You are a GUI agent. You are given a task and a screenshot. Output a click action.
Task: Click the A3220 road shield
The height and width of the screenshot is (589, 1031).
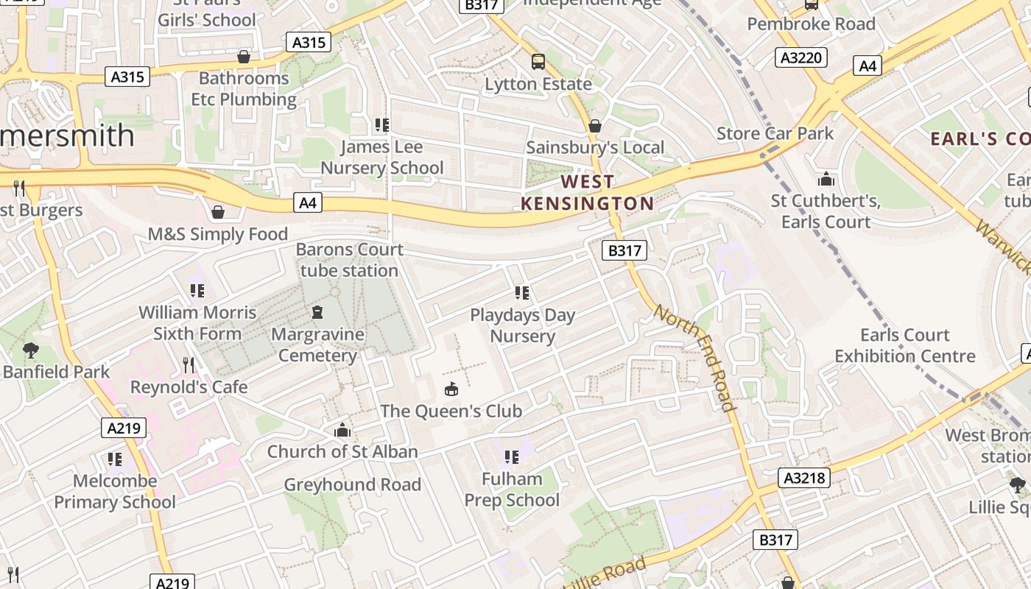click(800, 57)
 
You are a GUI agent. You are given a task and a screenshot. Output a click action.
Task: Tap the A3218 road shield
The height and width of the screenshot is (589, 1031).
click(804, 478)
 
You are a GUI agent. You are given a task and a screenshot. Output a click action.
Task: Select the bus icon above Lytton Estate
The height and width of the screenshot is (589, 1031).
click(538, 62)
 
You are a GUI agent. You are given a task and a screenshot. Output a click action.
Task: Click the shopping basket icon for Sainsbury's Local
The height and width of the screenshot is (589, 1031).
click(594, 126)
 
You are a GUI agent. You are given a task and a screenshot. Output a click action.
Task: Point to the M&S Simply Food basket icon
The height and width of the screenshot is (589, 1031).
click(217, 213)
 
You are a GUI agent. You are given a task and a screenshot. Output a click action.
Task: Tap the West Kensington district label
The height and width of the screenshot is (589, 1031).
click(587, 192)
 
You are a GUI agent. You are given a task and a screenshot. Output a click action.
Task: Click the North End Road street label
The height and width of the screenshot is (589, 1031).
click(694, 357)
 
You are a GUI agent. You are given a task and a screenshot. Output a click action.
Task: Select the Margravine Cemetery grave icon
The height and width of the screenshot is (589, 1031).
click(317, 312)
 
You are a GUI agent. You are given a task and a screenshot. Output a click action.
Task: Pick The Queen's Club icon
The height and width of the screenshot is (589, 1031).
click(451, 389)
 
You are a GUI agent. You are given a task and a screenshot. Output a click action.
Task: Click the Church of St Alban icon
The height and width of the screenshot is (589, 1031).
click(342, 430)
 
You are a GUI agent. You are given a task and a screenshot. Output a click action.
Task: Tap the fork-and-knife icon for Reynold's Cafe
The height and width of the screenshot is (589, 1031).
click(189, 364)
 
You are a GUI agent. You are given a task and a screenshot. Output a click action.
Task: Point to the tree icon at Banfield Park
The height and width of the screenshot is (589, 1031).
click(30, 350)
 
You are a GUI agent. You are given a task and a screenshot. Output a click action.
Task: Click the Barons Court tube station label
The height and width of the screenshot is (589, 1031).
click(350, 260)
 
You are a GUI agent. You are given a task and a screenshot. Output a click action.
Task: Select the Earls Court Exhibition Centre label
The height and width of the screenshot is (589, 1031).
click(904, 345)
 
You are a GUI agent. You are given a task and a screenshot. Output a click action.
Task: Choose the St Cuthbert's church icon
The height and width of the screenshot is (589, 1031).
click(826, 179)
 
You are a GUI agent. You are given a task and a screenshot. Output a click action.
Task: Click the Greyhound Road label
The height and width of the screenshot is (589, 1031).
click(352, 484)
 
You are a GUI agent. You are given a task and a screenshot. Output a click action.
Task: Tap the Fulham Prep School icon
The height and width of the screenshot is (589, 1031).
click(512, 457)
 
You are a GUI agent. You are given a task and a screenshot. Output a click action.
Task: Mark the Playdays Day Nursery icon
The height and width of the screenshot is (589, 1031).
click(522, 293)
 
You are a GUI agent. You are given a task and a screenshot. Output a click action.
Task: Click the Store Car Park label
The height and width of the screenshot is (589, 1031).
click(775, 133)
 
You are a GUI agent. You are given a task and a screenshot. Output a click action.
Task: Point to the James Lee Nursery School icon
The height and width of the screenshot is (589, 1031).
click(381, 125)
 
